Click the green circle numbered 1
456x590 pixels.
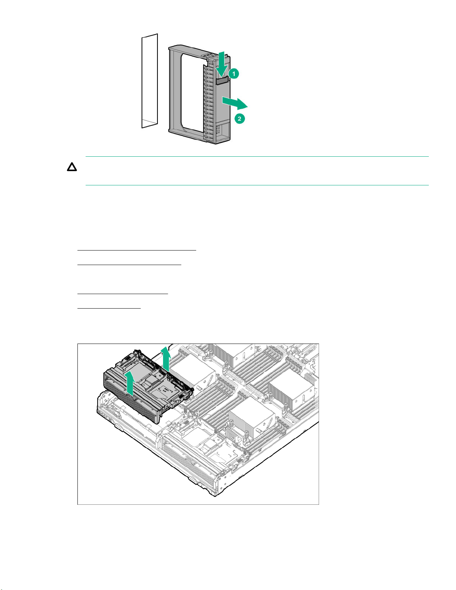coord(233,74)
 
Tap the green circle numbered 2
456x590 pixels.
coord(239,119)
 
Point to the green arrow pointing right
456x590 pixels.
coord(235,103)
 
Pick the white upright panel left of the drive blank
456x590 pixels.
coord(150,81)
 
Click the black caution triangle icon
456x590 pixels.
coord(72,167)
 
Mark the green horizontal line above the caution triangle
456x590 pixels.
coord(257,157)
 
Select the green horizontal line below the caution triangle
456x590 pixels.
coord(257,185)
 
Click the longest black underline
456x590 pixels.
coord(137,250)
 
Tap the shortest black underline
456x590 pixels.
coord(109,308)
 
